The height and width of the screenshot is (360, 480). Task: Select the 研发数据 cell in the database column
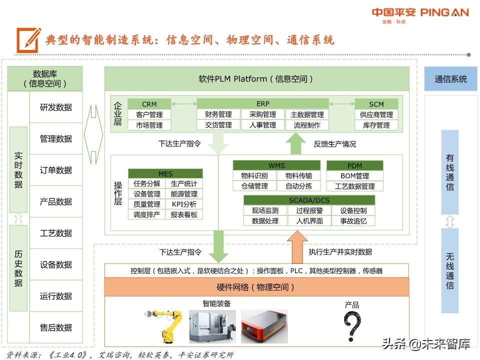click(x=56, y=107)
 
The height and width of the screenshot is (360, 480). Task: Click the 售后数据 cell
click(x=56, y=327)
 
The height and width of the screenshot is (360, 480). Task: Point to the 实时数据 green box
click(x=18, y=169)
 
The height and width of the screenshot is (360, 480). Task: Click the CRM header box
click(x=149, y=104)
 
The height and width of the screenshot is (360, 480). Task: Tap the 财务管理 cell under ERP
click(x=218, y=115)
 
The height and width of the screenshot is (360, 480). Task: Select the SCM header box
click(x=376, y=104)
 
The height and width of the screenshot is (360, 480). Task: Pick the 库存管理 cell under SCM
click(x=376, y=125)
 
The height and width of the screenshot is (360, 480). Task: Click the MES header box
click(x=165, y=173)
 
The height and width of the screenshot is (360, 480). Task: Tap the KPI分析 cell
click(x=184, y=204)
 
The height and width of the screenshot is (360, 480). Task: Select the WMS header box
click(x=276, y=165)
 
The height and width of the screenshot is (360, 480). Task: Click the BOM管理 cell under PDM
click(x=355, y=175)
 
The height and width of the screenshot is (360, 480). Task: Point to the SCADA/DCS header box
click(x=309, y=200)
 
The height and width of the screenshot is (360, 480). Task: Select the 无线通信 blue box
click(x=450, y=270)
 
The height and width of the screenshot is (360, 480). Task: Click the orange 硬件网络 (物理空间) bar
click(x=256, y=287)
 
